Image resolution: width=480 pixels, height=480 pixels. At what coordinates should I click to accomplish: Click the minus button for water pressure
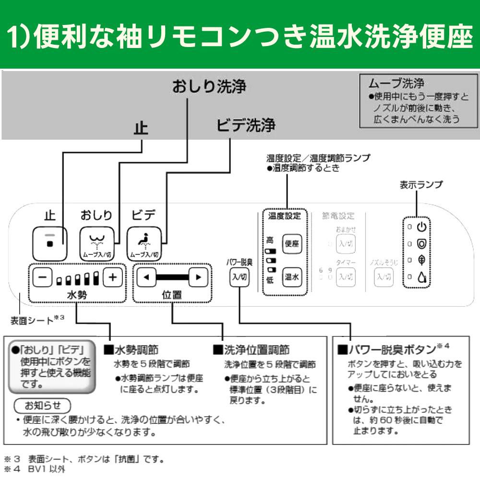42,277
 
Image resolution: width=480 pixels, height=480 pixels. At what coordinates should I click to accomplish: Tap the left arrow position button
146,277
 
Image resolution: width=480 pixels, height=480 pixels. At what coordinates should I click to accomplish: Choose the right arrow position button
198,277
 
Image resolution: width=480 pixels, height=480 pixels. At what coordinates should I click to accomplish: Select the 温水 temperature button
292,276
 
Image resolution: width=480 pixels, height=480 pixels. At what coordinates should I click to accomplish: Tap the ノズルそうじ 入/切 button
383,276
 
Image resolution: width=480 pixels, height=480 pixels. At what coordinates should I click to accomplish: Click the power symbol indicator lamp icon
421,227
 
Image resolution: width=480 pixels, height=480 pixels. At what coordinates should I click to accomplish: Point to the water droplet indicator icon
421,277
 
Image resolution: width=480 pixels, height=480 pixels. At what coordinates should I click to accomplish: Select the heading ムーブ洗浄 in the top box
394,83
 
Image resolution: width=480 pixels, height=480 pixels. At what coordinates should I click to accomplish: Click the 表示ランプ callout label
421,185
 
